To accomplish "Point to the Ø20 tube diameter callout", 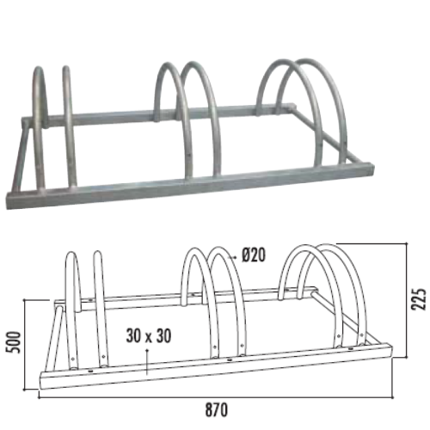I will [x=255, y=255].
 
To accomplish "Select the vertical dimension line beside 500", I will [x=27, y=344].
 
